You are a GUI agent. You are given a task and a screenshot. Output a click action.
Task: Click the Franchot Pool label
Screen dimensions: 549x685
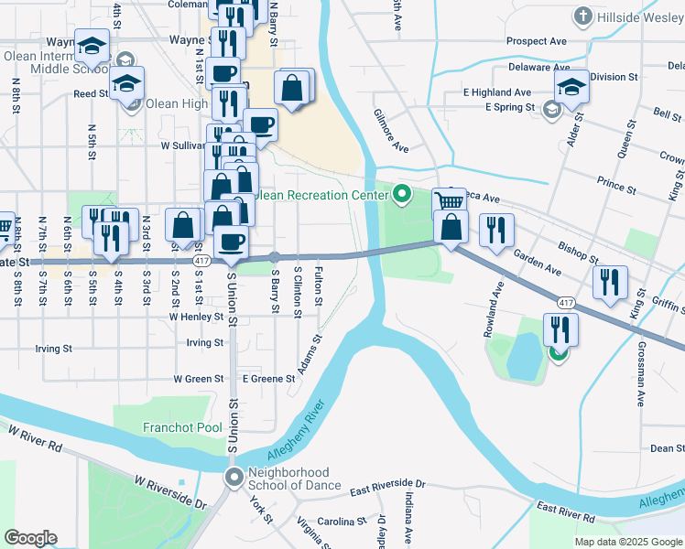(182, 427)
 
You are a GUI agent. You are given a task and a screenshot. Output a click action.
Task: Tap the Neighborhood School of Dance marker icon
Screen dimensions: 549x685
(234, 476)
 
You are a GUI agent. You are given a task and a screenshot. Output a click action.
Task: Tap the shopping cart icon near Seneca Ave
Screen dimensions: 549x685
(449, 201)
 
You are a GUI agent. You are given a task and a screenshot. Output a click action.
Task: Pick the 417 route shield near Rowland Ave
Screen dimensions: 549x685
(565, 301)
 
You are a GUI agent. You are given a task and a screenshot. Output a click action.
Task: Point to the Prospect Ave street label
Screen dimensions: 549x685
(537, 41)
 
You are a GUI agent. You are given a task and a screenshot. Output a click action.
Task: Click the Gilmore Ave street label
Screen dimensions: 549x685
(390, 131)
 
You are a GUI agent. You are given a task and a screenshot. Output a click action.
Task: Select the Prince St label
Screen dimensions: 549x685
(616, 186)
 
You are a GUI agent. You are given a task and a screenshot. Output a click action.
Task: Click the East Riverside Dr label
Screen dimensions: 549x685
(387, 483)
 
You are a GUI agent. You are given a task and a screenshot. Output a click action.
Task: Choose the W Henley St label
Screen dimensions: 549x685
(196, 317)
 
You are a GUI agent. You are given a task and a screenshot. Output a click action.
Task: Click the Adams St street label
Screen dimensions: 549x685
(310, 357)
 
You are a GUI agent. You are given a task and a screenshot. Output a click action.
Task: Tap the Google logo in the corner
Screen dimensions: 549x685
(30, 538)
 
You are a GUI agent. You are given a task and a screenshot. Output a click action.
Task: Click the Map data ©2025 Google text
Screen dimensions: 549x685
(627, 542)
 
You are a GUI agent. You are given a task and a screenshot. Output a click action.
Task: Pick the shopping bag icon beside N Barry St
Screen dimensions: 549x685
(292, 89)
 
